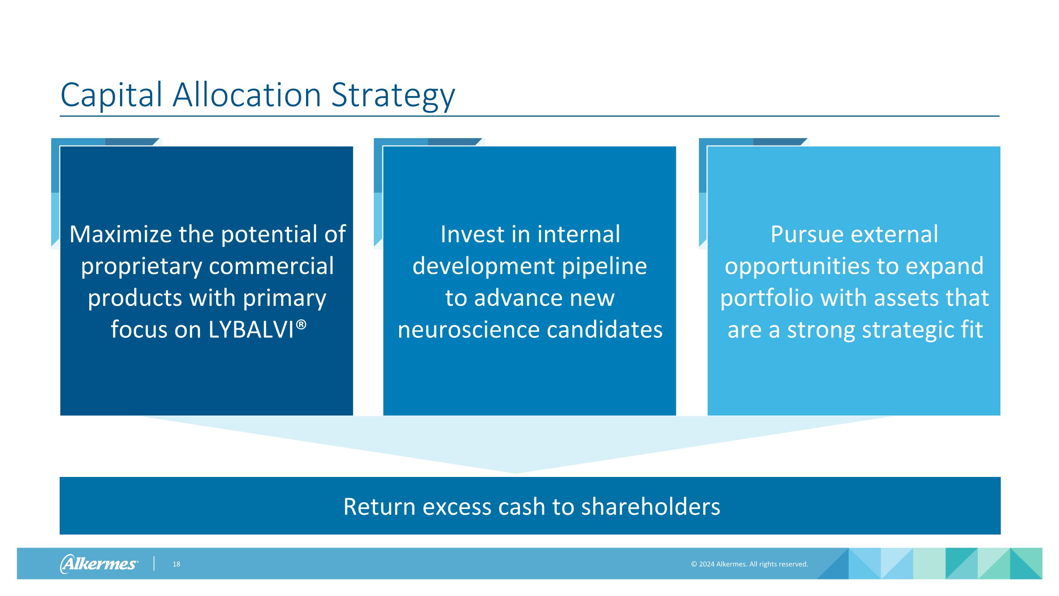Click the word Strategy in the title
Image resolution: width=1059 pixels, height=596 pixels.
click(393, 95)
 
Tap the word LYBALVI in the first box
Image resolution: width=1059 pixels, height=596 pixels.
click(251, 330)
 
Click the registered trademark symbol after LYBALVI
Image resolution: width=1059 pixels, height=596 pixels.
click(301, 325)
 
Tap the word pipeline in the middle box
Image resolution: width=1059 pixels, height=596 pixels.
click(604, 266)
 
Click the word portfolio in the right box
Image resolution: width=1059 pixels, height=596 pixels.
click(766, 298)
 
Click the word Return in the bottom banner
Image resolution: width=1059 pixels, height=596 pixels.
click(379, 506)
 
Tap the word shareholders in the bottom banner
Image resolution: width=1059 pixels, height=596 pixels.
click(650, 506)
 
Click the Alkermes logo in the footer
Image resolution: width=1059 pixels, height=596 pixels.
click(99, 563)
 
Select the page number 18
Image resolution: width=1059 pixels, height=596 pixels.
click(176, 564)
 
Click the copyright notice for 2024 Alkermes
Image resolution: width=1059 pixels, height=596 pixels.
click(749, 564)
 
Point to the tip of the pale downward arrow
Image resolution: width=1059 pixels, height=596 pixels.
click(516, 473)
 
